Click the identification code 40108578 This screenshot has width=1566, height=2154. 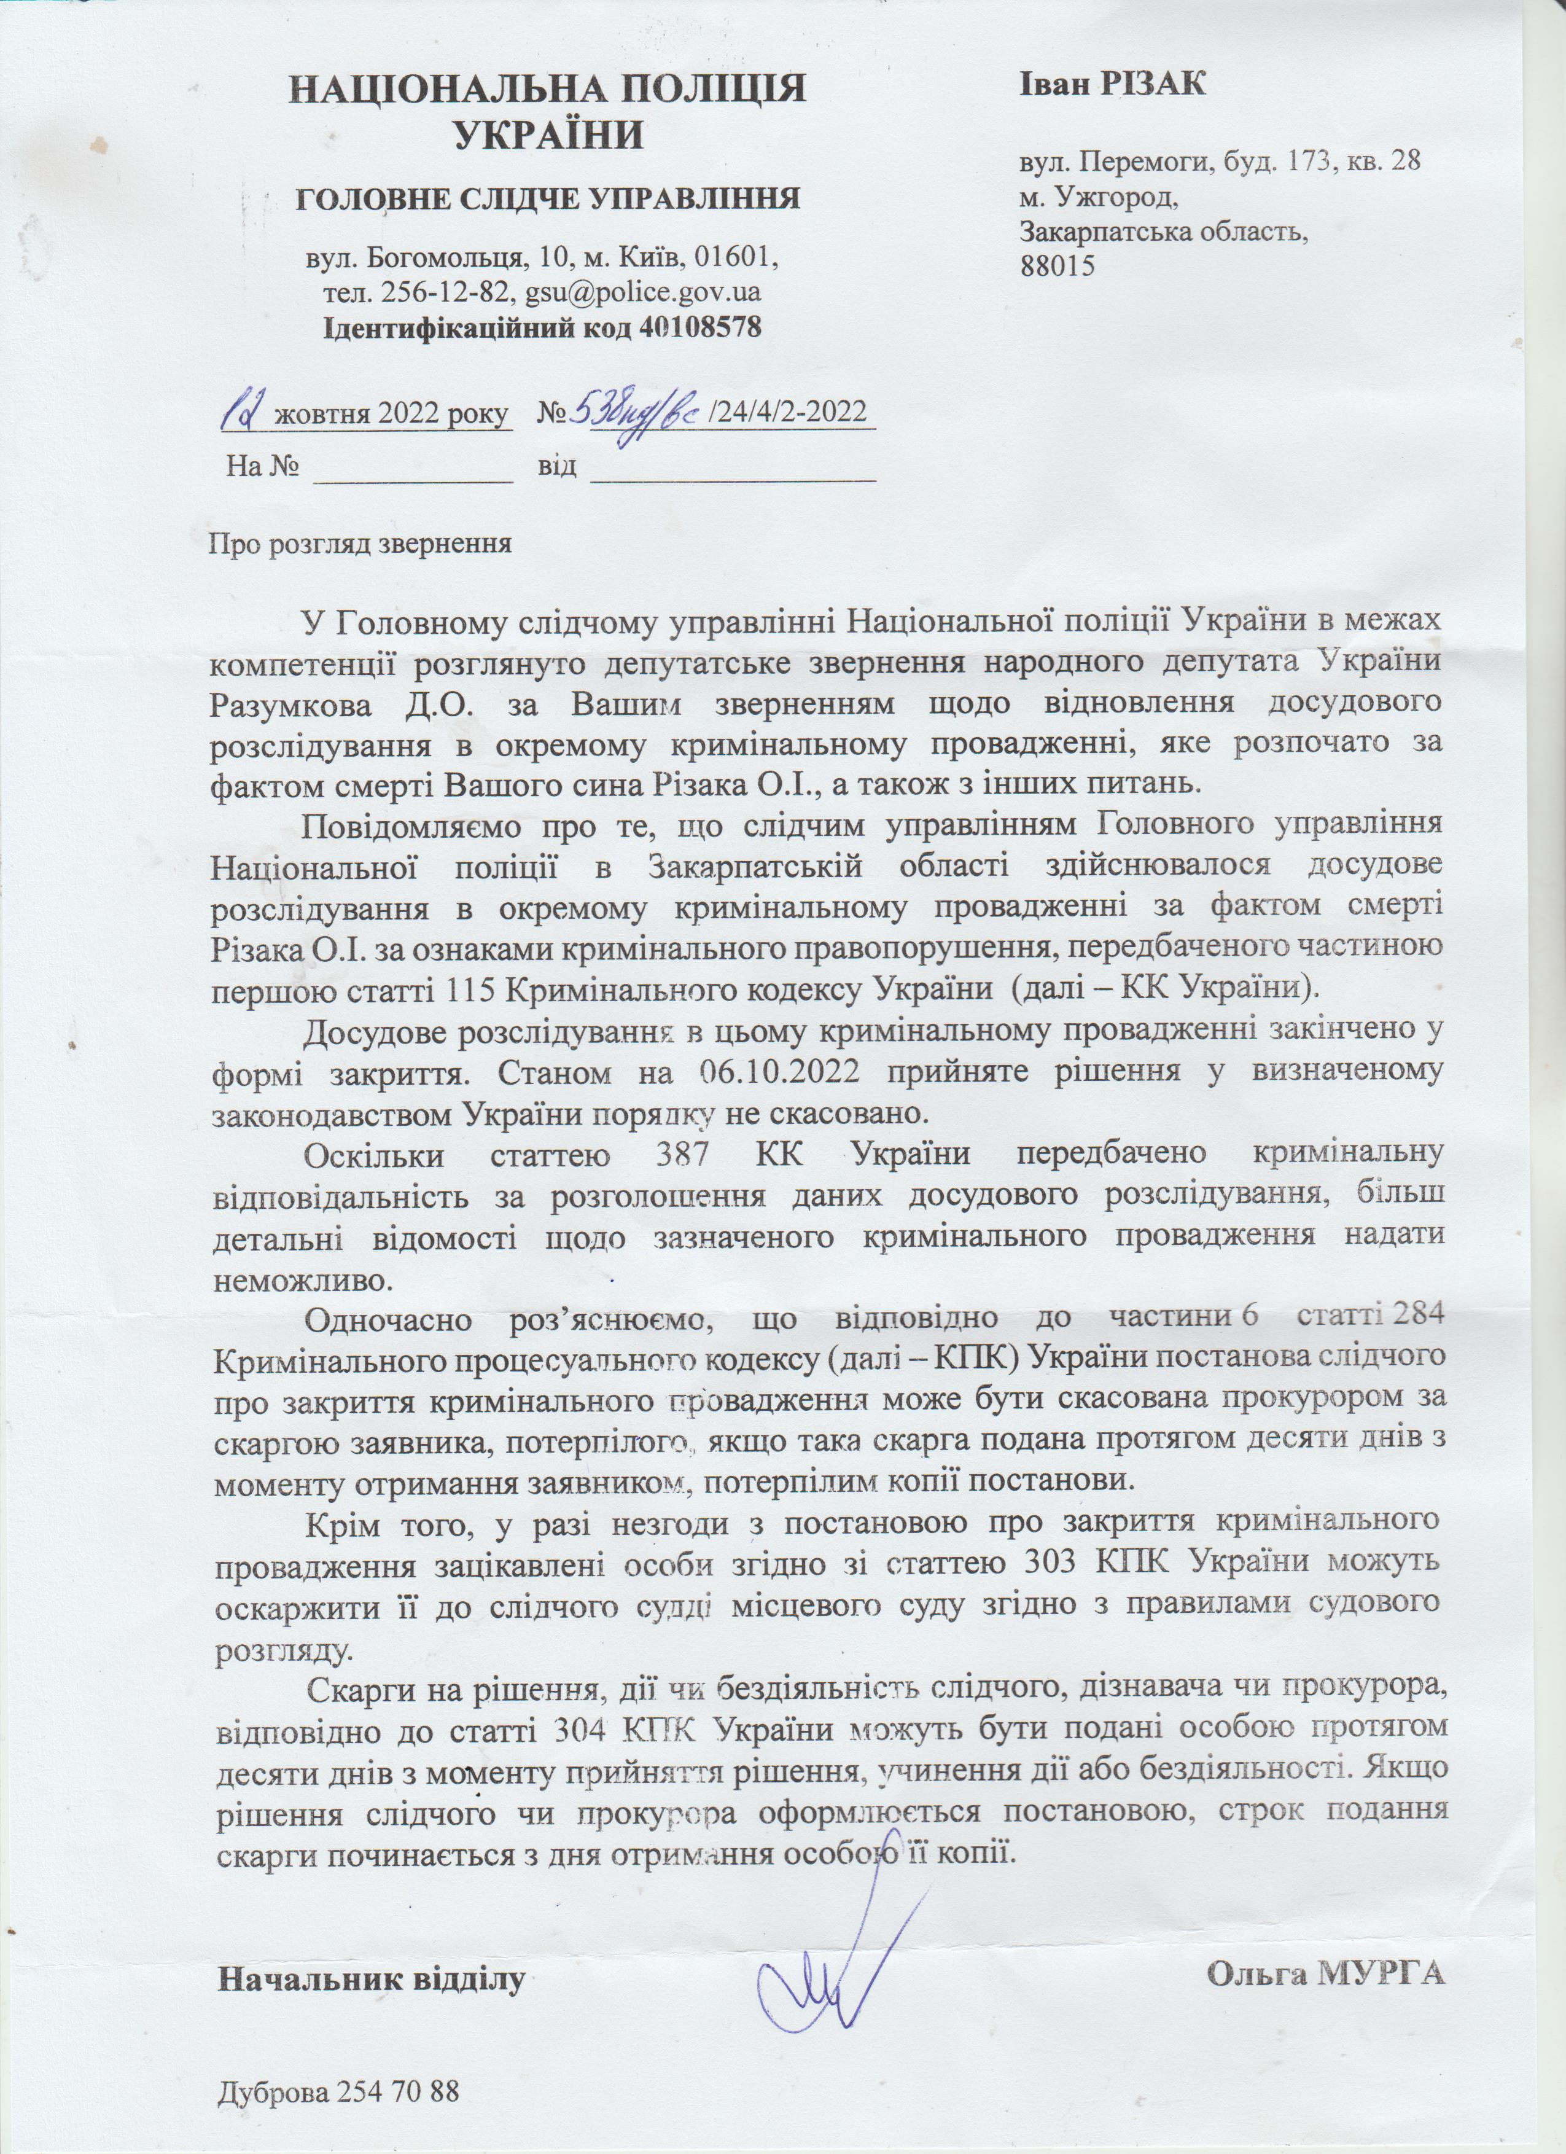(701, 327)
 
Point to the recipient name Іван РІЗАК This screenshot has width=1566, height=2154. (1113, 84)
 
